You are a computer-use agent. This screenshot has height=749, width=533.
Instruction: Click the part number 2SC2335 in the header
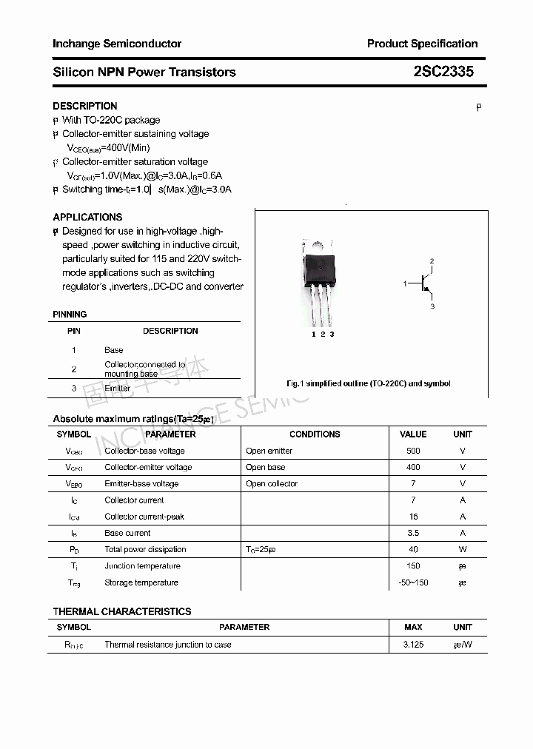point(443,72)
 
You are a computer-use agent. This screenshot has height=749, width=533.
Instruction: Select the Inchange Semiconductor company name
point(117,44)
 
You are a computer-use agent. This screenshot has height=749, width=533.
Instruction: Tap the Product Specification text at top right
point(422,44)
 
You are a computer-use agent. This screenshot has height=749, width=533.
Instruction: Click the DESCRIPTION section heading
point(85,106)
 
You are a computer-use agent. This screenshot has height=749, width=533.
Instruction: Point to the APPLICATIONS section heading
point(87,217)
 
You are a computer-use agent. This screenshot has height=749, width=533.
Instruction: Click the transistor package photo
point(319,281)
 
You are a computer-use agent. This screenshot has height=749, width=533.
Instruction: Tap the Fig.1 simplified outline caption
point(368,383)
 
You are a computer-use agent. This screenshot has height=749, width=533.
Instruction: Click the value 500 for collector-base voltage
point(413,451)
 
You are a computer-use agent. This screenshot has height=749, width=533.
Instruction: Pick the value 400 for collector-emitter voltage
point(413,467)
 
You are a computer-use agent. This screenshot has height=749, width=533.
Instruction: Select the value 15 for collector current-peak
point(413,517)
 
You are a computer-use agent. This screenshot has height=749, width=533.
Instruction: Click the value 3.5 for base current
point(413,533)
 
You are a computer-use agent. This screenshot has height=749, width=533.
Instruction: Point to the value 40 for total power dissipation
point(413,549)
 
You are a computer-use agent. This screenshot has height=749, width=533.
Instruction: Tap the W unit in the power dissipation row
point(463,549)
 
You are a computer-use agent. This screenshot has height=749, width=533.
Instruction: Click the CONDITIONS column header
point(315,434)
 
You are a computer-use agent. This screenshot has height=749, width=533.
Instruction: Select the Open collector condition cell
point(272,483)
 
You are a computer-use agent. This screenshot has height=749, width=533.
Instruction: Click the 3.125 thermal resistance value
point(413,645)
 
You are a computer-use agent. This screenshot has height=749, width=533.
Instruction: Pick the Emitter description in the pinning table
point(117,388)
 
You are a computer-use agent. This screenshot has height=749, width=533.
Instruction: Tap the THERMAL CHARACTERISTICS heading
point(122,611)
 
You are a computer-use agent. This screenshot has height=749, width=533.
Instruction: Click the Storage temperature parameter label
point(141,582)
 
